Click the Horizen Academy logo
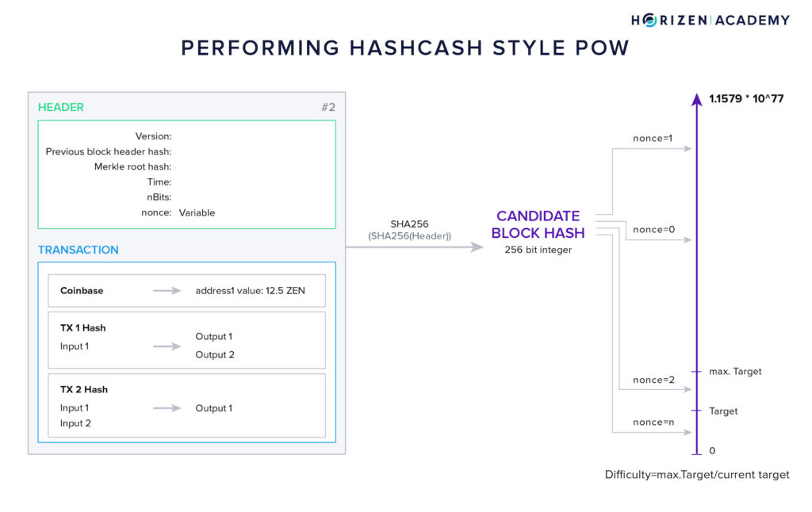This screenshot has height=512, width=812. coord(710,20)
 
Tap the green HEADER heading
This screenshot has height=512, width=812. coord(61,107)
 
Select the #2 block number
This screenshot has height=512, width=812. coord(327,107)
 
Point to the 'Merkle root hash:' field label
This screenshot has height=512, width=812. coord(132,166)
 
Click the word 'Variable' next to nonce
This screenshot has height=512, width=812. coord(197,212)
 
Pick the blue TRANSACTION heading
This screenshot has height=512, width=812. coord(79,250)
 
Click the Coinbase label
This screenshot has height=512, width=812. coord(82,291)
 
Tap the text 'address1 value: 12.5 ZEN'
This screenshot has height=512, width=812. coord(250,291)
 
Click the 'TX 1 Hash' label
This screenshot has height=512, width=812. coord(83,328)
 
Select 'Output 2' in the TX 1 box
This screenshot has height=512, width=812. coord(215,355)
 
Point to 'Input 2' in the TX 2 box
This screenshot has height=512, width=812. coord(75,423)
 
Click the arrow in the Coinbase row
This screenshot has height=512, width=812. coord(167,291)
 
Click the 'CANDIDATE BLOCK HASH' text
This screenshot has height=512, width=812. coord(538,224)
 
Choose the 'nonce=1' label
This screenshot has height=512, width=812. coord(652,139)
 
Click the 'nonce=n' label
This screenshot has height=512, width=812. coord(653,422)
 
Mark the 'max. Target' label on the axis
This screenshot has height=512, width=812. coord(735,371)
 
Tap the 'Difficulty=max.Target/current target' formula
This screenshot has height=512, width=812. coord(697,475)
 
